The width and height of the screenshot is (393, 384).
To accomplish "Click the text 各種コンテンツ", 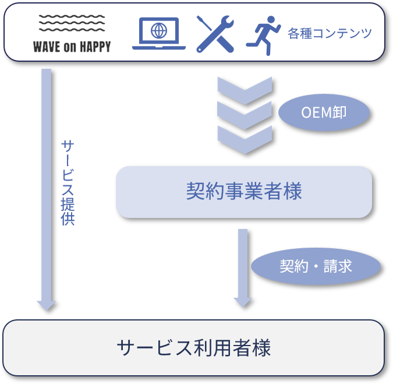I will (330, 34).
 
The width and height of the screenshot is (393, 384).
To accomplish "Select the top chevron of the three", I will (245, 90).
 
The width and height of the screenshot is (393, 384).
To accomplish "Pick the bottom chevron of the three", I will (245, 139).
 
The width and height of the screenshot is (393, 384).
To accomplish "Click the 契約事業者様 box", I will (244, 192).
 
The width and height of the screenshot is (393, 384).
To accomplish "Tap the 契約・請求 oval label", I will (316, 267).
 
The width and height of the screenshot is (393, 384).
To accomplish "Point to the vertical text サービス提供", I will (68, 182).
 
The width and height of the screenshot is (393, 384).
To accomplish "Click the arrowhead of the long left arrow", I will (46, 305).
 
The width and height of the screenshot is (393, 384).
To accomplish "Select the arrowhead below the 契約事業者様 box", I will (242, 301).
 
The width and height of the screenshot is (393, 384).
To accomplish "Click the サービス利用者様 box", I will (194, 348).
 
